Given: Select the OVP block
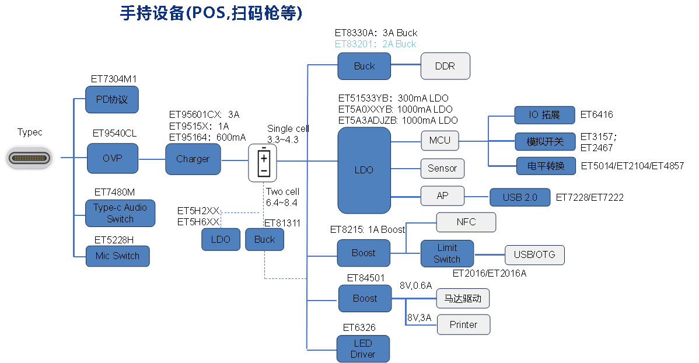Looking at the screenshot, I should [112, 158].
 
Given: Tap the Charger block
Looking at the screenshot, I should [193, 159].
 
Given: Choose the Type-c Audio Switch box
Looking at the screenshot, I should [120, 213].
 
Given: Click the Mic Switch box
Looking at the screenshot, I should [117, 256].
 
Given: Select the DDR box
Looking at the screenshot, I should [445, 66].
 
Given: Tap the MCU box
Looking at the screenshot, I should [439, 141].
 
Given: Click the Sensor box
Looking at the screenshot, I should [442, 169].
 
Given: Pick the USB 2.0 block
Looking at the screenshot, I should [519, 197].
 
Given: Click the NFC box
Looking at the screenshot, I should [466, 222].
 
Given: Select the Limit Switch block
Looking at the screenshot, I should [447, 253].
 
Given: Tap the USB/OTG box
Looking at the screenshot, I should [534, 254].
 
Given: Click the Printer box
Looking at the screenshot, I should [463, 324].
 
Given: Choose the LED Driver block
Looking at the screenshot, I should [363, 348].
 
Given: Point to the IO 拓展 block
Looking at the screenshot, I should [544, 115].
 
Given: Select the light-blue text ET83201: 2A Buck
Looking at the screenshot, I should [375, 44].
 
